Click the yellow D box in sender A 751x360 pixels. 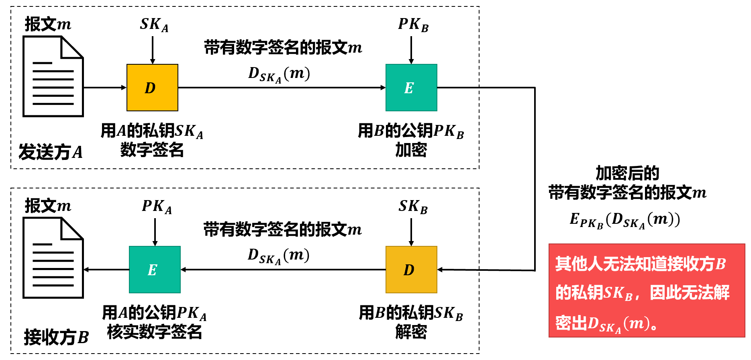(152, 88)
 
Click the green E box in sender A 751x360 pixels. (411, 88)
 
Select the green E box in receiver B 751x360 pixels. (155, 270)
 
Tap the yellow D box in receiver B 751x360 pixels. (411, 270)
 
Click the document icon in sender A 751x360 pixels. (53, 76)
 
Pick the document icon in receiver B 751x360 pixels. (53, 258)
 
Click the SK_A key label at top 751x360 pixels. (154, 25)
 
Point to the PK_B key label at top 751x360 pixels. (413, 25)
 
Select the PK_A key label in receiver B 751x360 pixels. (157, 207)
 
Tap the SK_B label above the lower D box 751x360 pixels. (413, 207)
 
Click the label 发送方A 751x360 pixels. (51, 152)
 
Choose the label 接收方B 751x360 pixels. (56, 337)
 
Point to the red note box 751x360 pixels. (647, 290)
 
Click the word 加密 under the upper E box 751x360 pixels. (411, 150)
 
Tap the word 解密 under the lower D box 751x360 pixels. (411, 332)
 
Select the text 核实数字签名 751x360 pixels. (154, 332)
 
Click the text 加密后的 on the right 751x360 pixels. (627, 173)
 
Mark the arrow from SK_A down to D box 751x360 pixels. (153, 50)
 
